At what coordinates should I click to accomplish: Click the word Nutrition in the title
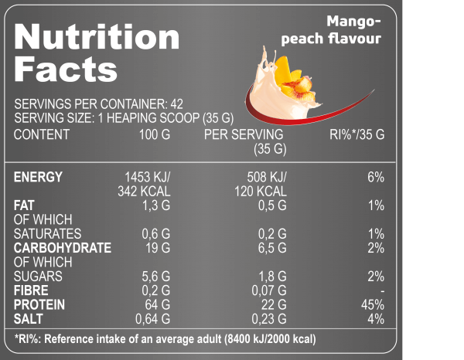click(97, 37)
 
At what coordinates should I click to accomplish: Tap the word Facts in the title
click(66, 70)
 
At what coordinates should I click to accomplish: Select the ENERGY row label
click(38, 177)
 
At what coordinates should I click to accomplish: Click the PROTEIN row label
click(39, 305)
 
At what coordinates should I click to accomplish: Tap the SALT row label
click(30, 319)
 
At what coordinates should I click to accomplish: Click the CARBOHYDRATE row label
click(63, 248)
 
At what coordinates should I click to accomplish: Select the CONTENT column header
click(42, 134)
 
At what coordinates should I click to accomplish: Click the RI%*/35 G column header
click(357, 134)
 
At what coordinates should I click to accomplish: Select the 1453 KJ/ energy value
click(147, 177)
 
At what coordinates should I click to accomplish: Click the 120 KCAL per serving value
click(261, 192)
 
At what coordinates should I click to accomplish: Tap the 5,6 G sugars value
click(155, 277)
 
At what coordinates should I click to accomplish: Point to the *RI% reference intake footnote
click(165, 339)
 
